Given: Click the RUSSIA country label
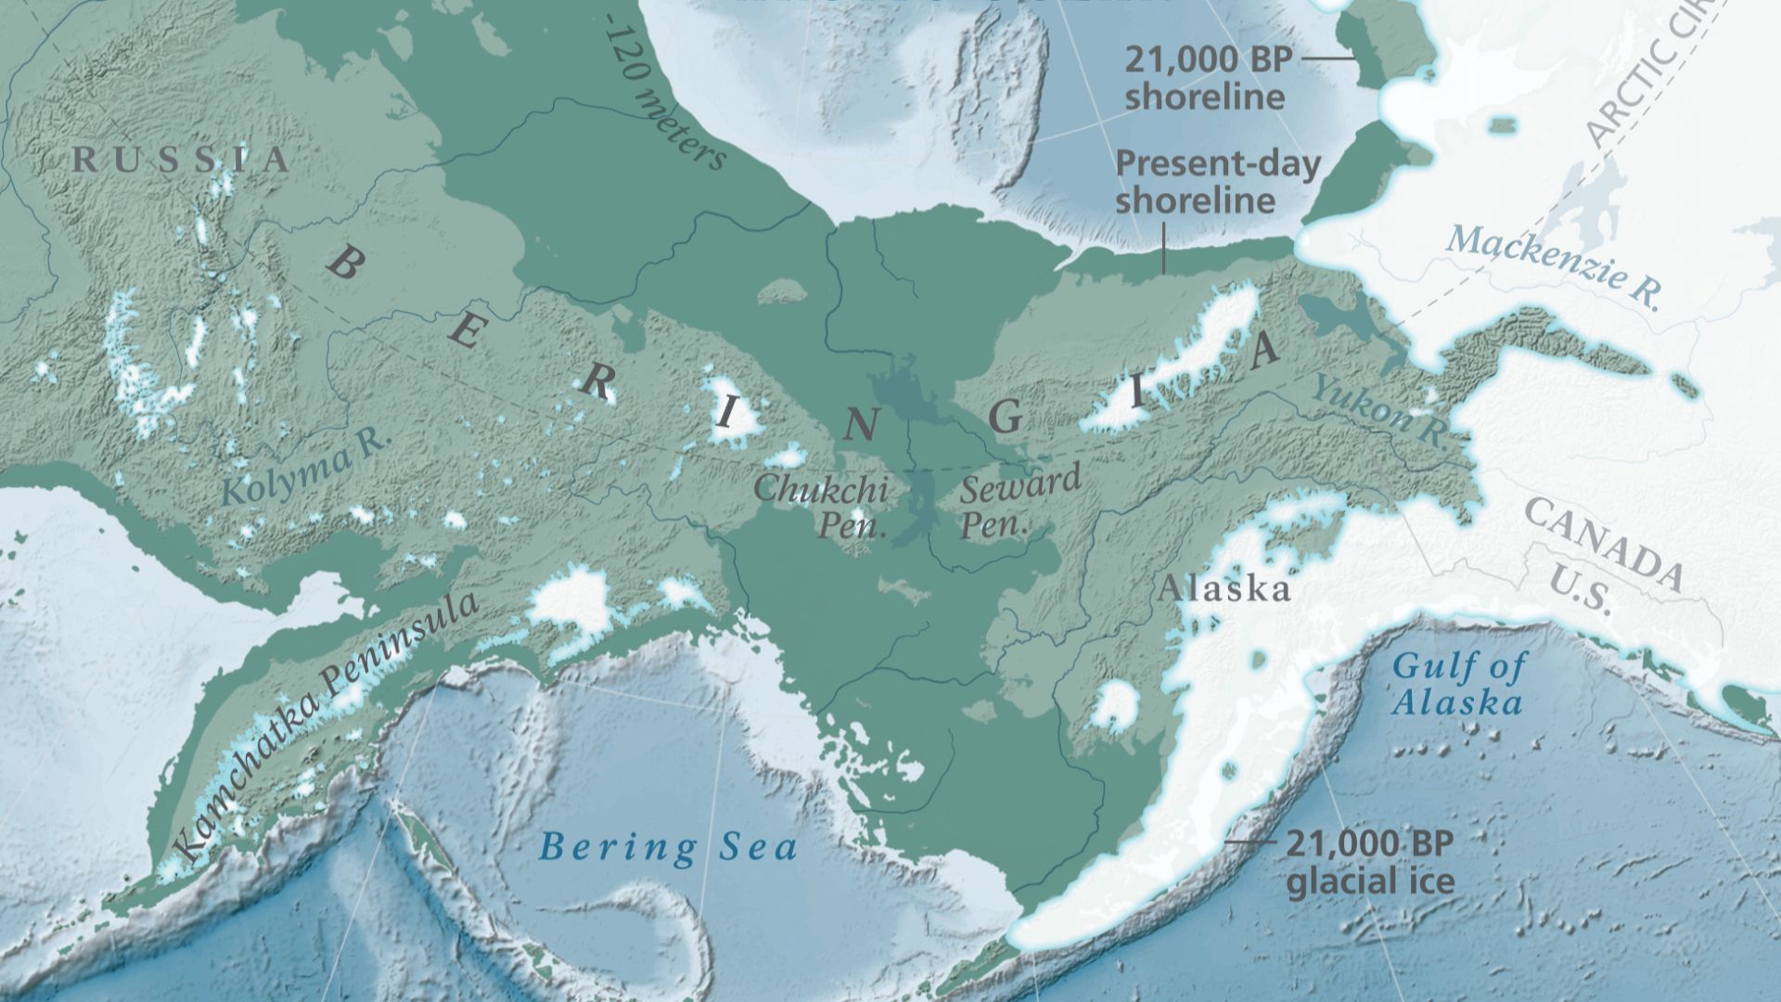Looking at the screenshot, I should point(182,160).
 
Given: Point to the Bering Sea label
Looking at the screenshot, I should point(669,847).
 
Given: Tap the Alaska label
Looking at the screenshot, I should point(1224,588).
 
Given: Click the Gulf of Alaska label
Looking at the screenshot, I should point(1459,684).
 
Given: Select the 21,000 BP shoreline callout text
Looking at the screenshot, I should point(1207,79).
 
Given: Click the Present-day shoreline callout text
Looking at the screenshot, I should point(1217,182).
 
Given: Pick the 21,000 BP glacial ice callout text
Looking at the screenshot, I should point(1369,863).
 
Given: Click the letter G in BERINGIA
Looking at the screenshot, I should point(1006,418).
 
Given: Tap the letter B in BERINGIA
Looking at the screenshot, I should point(343,265).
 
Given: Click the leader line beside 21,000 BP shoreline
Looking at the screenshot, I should point(1328,58).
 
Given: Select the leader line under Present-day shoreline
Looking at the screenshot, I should point(1165,246).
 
